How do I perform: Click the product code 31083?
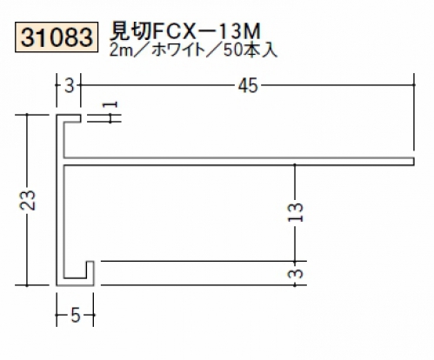[x=57, y=37]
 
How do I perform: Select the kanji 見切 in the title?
[x=130, y=31]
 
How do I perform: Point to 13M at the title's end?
[x=241, y=31]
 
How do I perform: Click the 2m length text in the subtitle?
[x=121, y=50]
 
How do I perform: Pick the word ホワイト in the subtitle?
[x=178, y=50]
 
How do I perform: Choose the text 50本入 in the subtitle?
[x=250, y=50]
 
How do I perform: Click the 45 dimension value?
[x=248, y=86]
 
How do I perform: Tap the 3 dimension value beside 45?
[x=70, y=86]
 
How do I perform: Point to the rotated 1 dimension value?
[x=111, y=104]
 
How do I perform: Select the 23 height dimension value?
[x=27, y=200]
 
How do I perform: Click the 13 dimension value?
[x=295, y=212]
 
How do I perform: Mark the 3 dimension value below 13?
[x=296, y=273]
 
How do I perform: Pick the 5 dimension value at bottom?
[x=75, y=315]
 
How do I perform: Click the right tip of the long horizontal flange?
[x=413, y=162]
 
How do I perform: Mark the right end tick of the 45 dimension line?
[x=414, y=85]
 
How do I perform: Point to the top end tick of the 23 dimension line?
[x=27, y=115]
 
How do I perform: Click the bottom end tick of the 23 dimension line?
[x=27, y=285]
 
